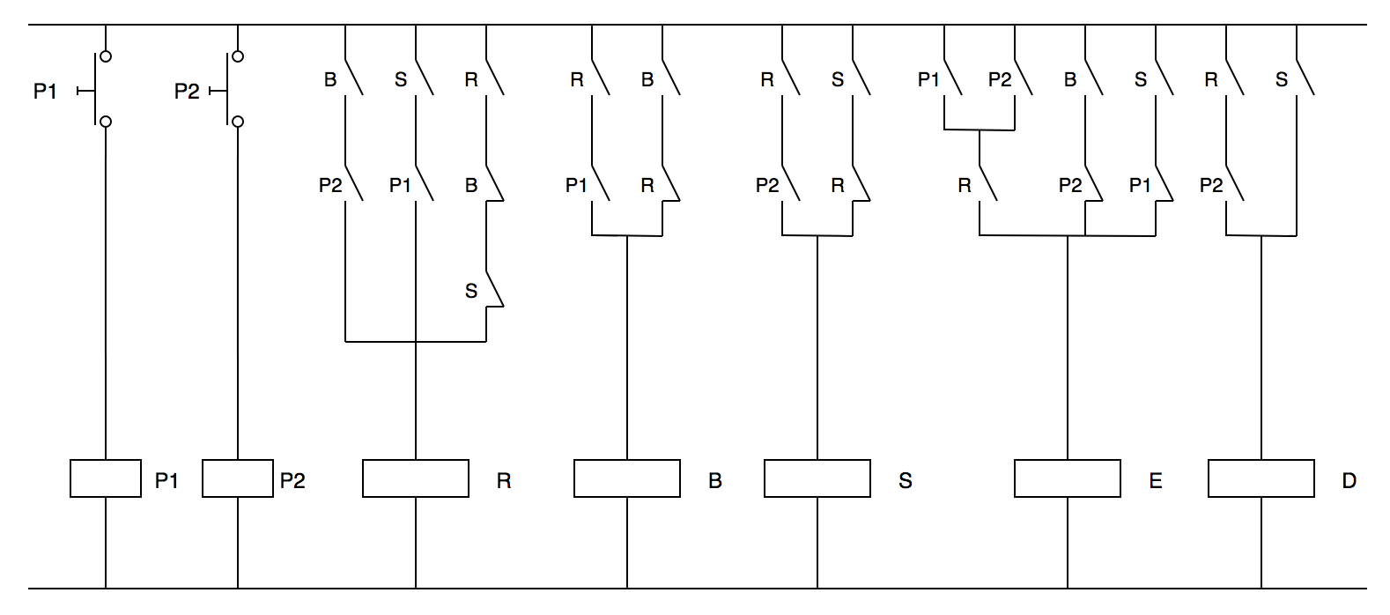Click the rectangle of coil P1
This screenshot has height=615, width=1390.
106,478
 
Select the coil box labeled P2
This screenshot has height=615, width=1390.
238,478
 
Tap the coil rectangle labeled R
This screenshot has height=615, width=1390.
416,478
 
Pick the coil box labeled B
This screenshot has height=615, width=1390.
627,478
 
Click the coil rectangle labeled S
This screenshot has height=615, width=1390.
817,478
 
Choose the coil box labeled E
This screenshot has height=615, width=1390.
1068,478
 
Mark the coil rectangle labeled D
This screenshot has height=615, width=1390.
1261,478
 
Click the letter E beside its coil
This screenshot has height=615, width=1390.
1156,480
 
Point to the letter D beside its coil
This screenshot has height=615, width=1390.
1349,480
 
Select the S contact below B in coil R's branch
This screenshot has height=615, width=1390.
493,290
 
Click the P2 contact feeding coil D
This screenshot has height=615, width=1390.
1233,184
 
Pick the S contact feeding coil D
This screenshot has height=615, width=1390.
1304,78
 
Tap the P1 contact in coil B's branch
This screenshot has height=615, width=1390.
599,184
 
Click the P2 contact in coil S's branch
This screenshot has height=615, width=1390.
789,184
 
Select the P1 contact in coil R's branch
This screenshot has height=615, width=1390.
423,184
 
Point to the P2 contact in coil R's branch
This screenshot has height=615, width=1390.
352,184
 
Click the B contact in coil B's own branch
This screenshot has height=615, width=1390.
669,78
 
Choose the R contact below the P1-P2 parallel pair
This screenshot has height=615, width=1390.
987,184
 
